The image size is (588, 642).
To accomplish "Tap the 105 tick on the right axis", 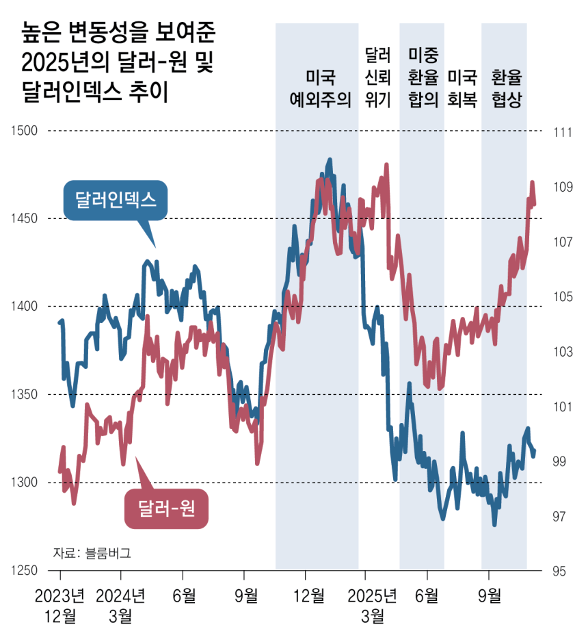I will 561,297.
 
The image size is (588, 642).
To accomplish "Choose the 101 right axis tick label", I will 561,407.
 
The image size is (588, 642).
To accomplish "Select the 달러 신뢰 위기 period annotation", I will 378,77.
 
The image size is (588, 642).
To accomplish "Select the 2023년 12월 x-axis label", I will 61,604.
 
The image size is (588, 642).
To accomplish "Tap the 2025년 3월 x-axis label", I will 372,604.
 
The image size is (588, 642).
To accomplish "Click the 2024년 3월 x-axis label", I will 120,604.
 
